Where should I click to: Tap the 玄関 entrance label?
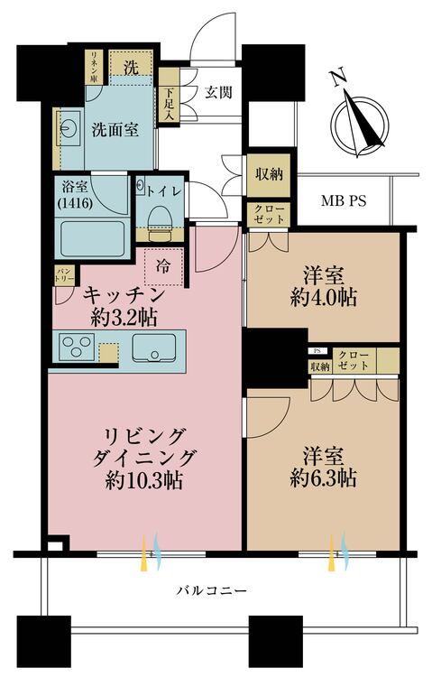(218, 92)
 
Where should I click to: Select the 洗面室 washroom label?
(115, 129)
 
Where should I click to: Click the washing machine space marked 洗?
(131, 63)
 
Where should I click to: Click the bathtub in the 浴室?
(92, 239)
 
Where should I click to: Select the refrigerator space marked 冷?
(163, 267)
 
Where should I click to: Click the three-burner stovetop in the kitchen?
(78, 347)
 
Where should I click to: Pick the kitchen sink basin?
(154, 348)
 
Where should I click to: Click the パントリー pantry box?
(65, 275)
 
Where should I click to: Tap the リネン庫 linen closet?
(93, 67)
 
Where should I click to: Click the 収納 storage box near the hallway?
(270, 175)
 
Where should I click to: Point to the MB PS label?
(344, 200)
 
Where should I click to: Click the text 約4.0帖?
(323, 298)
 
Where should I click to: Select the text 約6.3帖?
(323, 478)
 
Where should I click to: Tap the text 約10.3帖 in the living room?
(144, 480)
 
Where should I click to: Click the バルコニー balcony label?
(212, 589)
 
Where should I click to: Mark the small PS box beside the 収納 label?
(317, 350)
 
